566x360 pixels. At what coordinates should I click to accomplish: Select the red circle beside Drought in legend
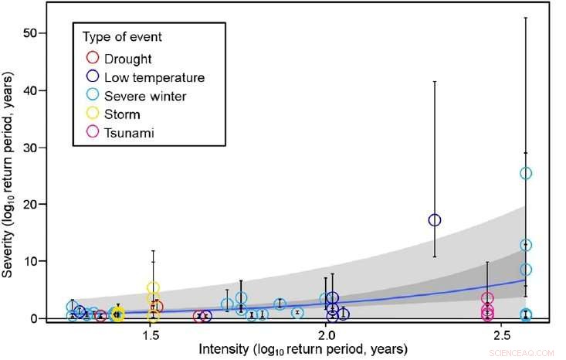click(93, 58)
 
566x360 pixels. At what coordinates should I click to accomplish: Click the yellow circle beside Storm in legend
click(93, 114)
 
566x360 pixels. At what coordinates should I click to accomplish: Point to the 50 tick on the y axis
click(35, 33)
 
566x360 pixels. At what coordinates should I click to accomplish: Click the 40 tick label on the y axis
click(35, 90)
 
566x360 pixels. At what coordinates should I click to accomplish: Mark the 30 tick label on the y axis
click(35, 148)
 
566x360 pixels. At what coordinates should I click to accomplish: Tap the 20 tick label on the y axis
click(35, 204)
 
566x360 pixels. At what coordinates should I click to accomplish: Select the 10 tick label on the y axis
click(35, 261)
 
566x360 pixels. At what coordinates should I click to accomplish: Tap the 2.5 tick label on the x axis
click(502, 337)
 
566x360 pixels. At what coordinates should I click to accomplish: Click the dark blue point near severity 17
click(435, 220)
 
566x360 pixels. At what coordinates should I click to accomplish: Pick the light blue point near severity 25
click(526, 173)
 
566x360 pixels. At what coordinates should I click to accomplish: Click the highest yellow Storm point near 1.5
click(153, 288)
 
